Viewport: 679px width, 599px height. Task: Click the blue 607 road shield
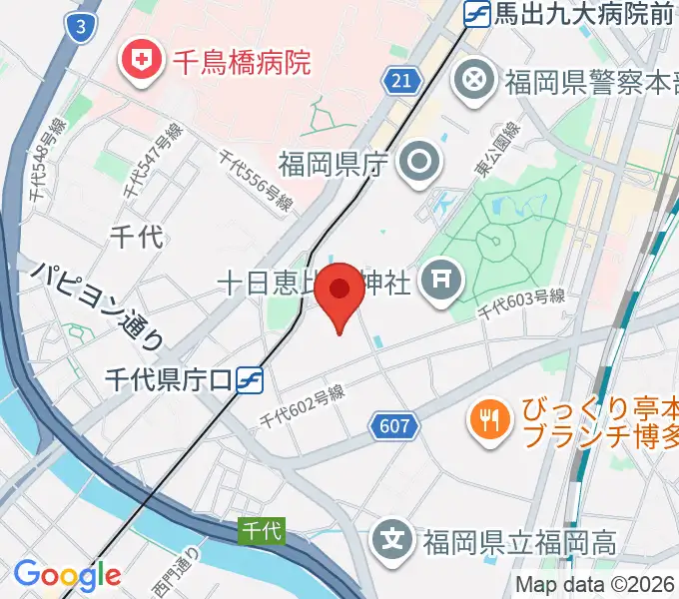[394, 427]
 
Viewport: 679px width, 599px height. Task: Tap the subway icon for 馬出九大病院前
[477, 14]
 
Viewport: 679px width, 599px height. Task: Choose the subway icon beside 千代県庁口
[251, 378]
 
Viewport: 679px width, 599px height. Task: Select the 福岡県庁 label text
[332, 162]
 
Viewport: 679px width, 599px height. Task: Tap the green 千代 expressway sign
[264, 532]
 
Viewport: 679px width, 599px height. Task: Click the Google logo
[67, 575]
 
